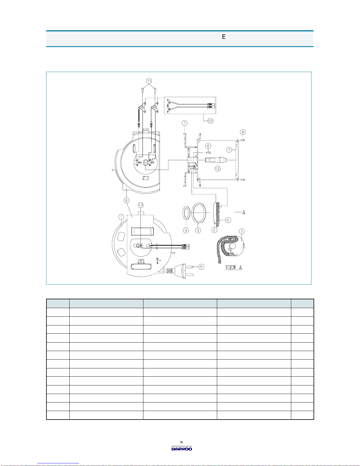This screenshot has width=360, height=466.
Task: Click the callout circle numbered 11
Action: [x=149, y=81]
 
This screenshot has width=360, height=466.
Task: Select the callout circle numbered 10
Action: [x=210, y=121]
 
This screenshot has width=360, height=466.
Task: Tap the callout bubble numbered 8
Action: [x=242, y=132]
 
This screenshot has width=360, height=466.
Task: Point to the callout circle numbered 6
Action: [x=208, y=146]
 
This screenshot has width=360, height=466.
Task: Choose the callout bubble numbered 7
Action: [x=229, y=150]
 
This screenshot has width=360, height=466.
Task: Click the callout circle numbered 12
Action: [x=217, y=168]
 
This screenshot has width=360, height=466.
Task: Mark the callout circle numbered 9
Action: [x=126, y=200]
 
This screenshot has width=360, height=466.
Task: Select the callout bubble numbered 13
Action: [x=140, y=205]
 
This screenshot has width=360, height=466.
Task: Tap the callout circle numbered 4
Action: [x=186, y=231]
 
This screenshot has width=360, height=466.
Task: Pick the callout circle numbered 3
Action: [x=198, y=231]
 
